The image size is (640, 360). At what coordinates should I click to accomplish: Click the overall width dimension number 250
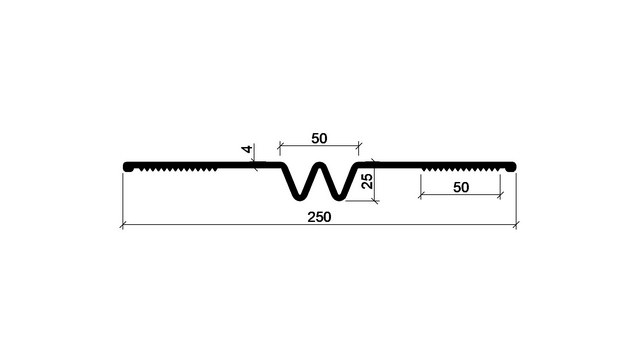click(x=319, y=217)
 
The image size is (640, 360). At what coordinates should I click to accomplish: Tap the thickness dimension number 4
click(x=247, y=149)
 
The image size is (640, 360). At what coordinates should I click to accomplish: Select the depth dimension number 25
click(x=367, y=181)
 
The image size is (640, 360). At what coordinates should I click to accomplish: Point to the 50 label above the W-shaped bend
click(x=319, y=139)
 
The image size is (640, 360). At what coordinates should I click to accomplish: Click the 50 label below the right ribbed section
click(x=461, y=187)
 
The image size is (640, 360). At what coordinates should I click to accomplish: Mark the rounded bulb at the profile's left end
click(x=128, y=167)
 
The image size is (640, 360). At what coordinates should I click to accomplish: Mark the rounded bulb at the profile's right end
click(x=511, y=167)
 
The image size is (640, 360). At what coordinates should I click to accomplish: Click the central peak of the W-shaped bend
click(x=320, y=166)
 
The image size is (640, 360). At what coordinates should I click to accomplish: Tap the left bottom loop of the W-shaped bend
click(x=300, y=197)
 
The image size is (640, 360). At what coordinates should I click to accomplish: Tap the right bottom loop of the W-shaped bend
click(x=339, y=197)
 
